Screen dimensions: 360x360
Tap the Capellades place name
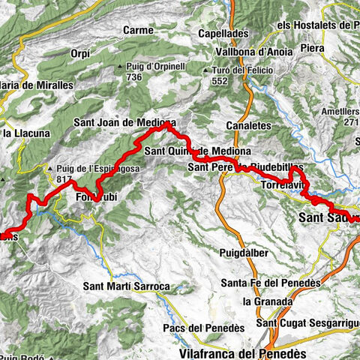click(x=223, y=34)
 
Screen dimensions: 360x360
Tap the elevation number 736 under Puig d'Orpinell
click(x=135, y=77)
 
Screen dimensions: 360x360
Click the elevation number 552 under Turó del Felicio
click(x=218, y=79)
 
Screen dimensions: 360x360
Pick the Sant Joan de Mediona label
click(x=125, y=123)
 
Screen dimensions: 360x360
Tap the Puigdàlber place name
click(x=244, y=253)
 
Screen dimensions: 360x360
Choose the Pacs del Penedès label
click(x=199, y=328)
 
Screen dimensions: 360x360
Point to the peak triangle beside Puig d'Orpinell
click(x=121, y=68)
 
